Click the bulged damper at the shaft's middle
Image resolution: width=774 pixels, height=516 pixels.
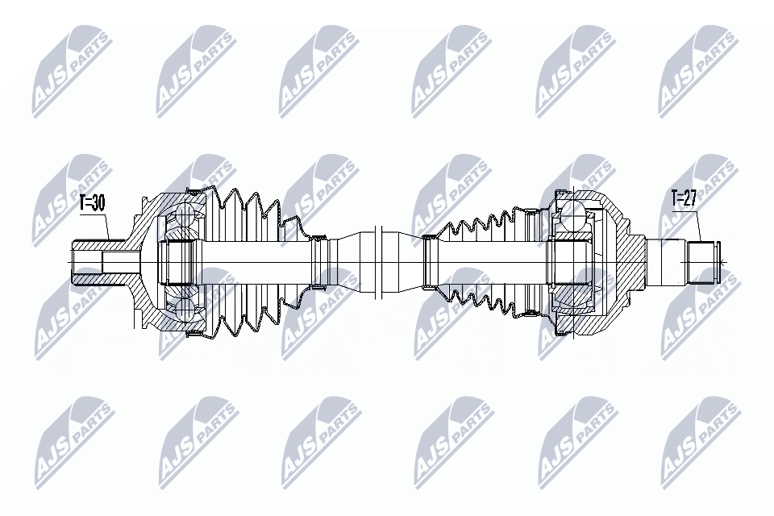[377, 262]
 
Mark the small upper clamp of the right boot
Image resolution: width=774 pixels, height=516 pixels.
[429, 238]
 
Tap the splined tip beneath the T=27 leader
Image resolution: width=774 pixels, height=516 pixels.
[703, 262]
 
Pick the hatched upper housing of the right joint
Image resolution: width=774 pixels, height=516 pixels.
[601, 202]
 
